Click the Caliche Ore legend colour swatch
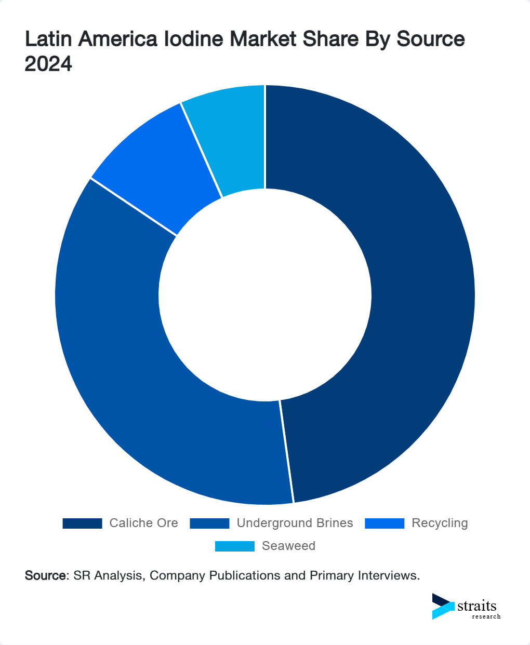[x=82, y=523]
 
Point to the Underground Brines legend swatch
[x=209, y=523]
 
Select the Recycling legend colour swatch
[x=385, y=523]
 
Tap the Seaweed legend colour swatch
[x=235, y=546]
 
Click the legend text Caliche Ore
[x=143, y=523]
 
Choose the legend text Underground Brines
[x=295, y=523]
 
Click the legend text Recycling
[x=440, y=523]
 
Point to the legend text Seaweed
[x=288, y=546]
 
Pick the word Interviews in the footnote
[x=390, y=575]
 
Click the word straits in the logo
[x=477, y=606]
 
